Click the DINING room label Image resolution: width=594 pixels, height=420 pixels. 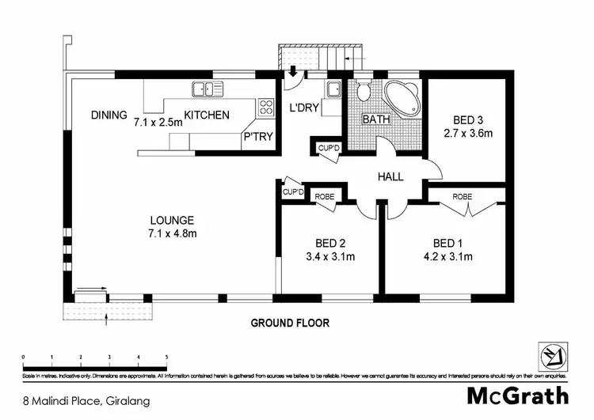(109, 115)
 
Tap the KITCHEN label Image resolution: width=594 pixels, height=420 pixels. (207, 115)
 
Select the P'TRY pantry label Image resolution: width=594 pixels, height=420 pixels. (258, 137)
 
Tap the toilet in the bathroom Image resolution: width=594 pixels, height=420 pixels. (364, 92)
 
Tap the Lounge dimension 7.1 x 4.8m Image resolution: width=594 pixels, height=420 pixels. (172, 233)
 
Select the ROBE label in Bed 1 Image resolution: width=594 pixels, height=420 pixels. (463, 195)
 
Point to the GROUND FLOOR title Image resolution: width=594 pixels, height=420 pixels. (290, 323)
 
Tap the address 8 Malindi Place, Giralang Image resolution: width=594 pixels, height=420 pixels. (75, 401)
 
